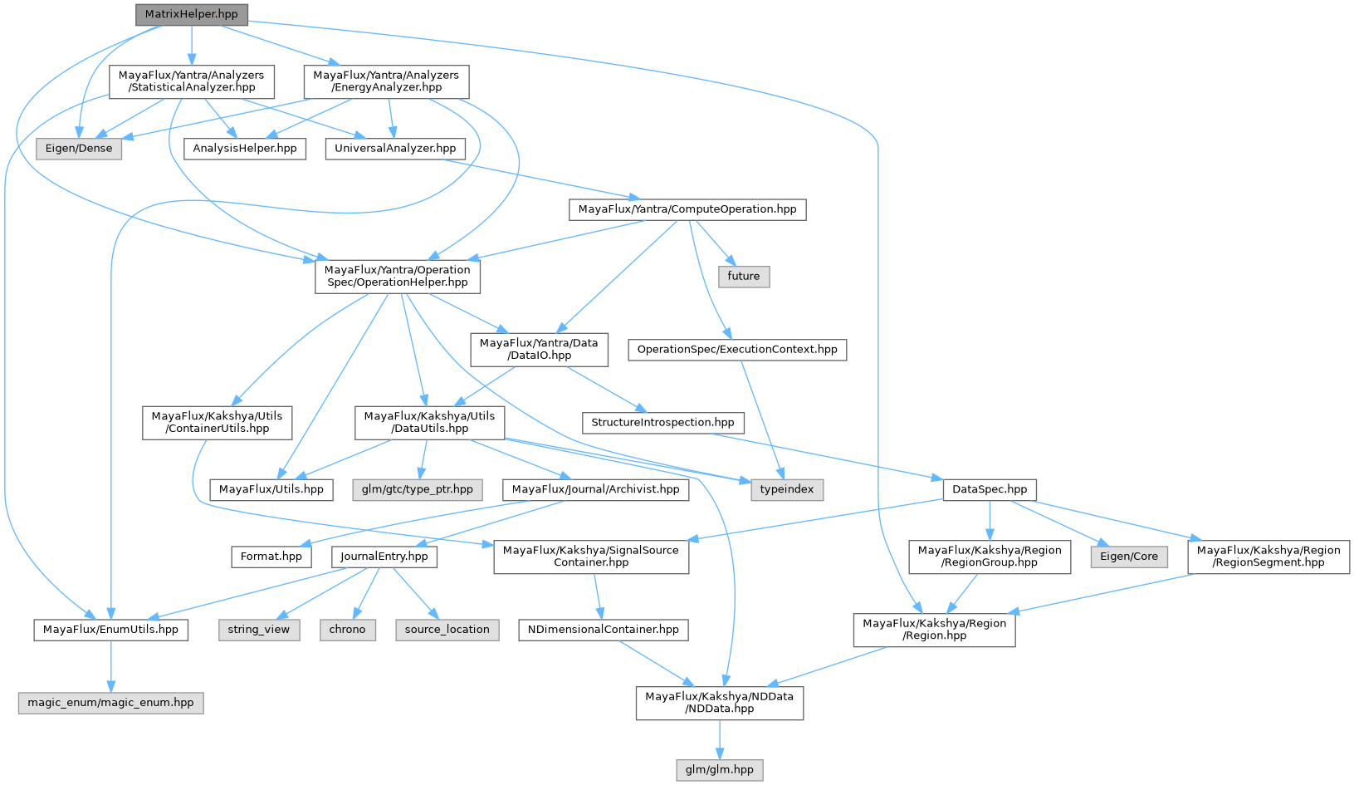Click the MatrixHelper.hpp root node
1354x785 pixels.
(191, 14)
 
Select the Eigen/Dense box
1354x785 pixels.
(79, 149)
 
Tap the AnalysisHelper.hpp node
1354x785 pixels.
(245, 149)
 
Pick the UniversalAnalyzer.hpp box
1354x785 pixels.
(395, 149)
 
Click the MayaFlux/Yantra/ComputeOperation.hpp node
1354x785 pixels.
(687, 209)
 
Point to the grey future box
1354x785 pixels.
(744, 277)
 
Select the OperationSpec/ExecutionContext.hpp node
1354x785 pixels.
(737, 350)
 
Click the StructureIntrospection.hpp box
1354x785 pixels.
(662, 423)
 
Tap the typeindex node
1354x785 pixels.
(787, 489)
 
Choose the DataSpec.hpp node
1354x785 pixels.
(990, 489)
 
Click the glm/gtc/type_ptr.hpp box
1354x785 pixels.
(417, 489)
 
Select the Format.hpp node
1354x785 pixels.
(271, 557)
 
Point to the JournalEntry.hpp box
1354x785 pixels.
(384, 557)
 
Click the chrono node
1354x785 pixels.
(347, 630)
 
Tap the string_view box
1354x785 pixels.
(259, 630)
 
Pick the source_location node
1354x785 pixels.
(447, 630)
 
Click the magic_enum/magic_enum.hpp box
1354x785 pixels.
(110, 703)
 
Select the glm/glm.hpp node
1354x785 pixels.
(720, 770)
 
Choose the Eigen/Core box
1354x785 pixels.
(1129, 557)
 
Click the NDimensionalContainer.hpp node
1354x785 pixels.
(604, 630)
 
